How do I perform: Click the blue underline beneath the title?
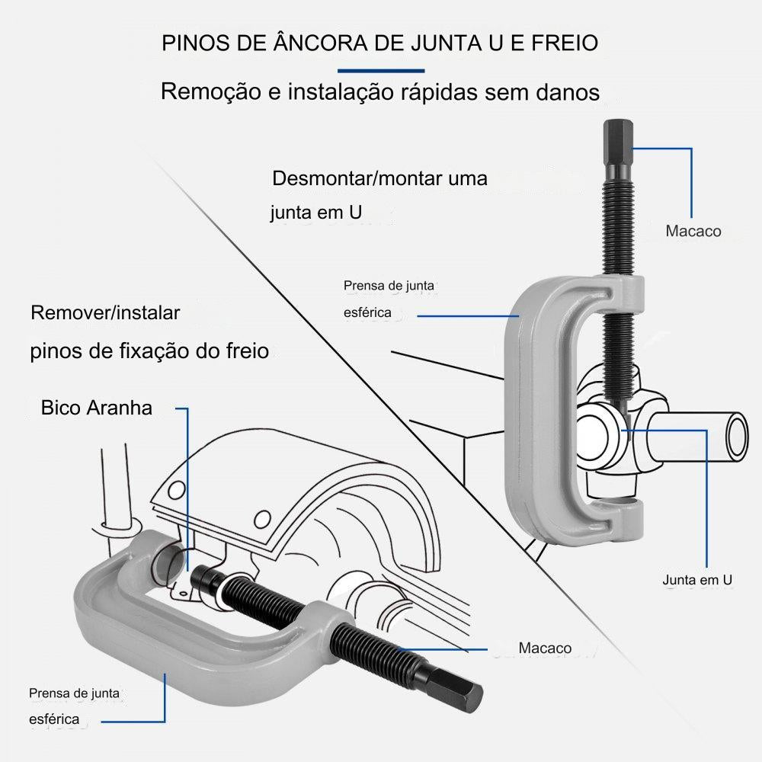click(x=380, y=69)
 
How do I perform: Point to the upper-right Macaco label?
click(x=693, y=230)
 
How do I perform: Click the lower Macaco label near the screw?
click(x=545, y=648)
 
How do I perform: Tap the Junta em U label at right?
click(x=697, y=581)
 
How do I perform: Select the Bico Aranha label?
click(x=97, y=408)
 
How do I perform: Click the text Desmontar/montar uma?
click(x=379, y=179)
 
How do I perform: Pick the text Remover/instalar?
click(x=105, y=312)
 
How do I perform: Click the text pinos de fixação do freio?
click(x=149, y=351)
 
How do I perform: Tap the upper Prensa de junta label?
click(x=389, y=287)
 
